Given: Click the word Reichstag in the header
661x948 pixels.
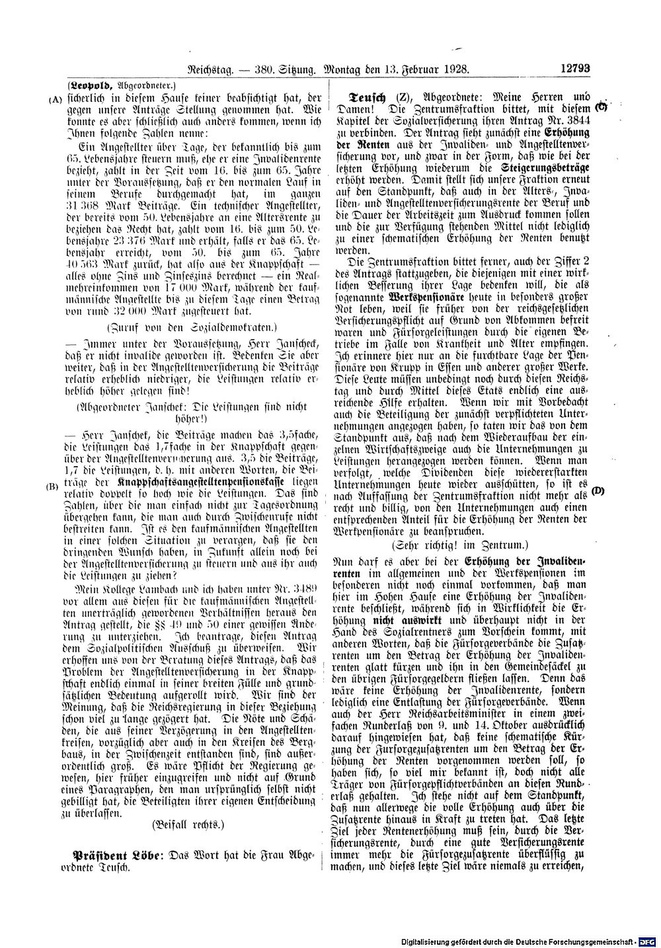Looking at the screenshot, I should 212,67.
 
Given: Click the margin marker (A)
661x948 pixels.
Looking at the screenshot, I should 55,99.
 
